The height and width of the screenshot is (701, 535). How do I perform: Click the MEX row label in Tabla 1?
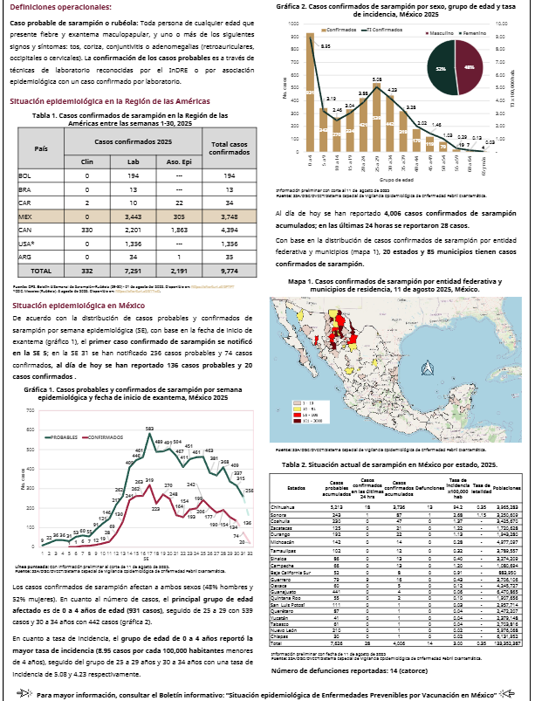point(24,216)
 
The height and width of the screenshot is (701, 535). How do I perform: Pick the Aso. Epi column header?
point(178,162)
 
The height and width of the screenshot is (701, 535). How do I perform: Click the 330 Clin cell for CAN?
point(86,230)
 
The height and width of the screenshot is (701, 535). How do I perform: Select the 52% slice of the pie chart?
point(442,67)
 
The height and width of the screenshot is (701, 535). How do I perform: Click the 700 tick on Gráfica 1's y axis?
point(31,410)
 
